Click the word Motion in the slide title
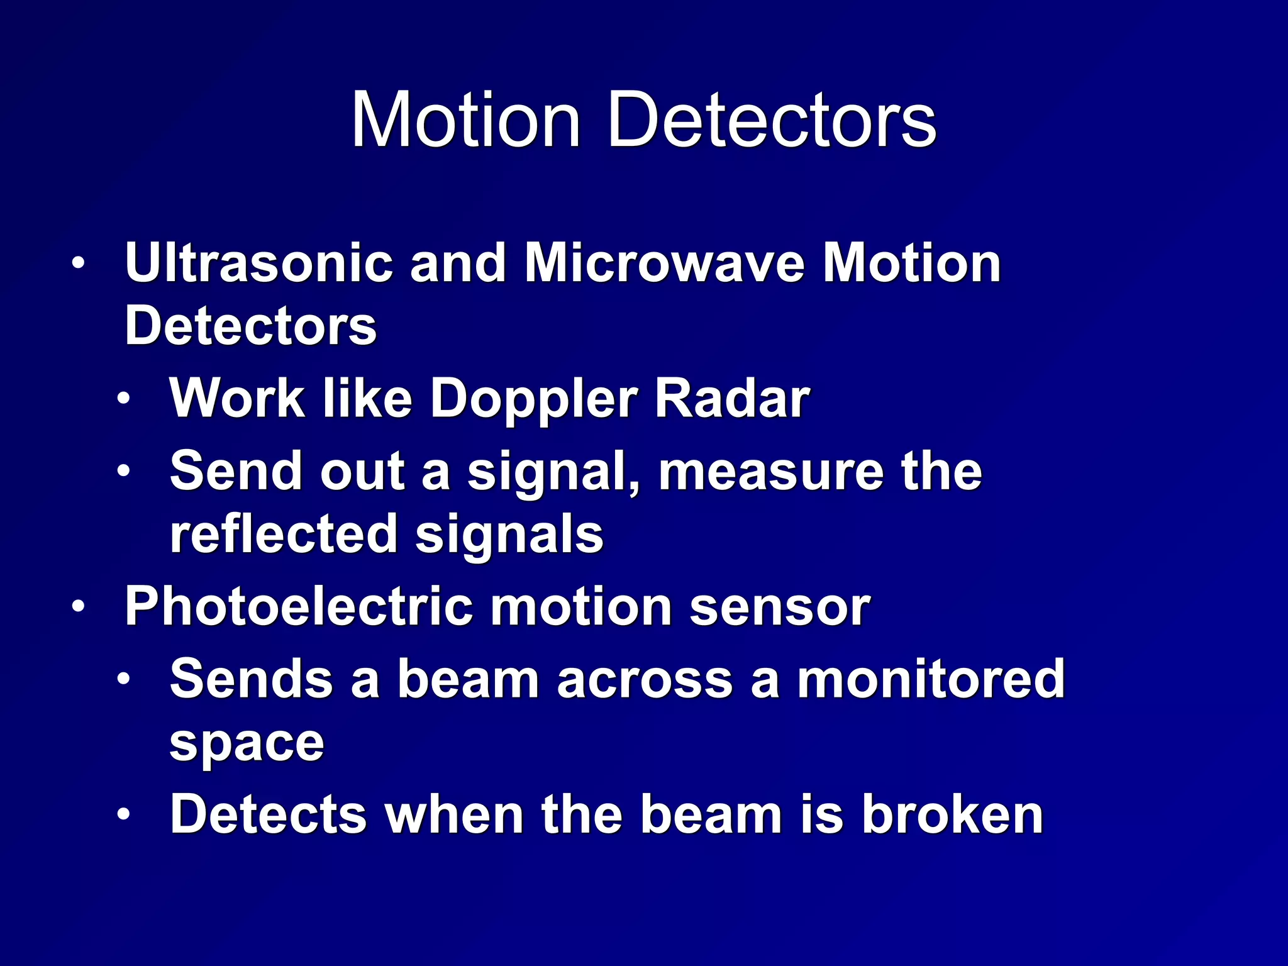[465, 119]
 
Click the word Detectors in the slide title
[772, 119]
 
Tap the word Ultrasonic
[258, 263]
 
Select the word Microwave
[664, 263]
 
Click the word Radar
[732, 399]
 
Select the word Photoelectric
[298, 607]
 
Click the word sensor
[780, 607]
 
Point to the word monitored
[931, 679]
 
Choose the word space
[247, 743]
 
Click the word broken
[952, 815]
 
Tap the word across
[644, 679]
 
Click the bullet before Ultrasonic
[77, 264]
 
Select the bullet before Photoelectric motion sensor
[77, 608]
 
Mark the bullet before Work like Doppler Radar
[123, 399]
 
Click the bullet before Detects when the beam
[123, 815]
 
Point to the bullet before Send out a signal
[123, 471]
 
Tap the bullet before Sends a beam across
[123, 679]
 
